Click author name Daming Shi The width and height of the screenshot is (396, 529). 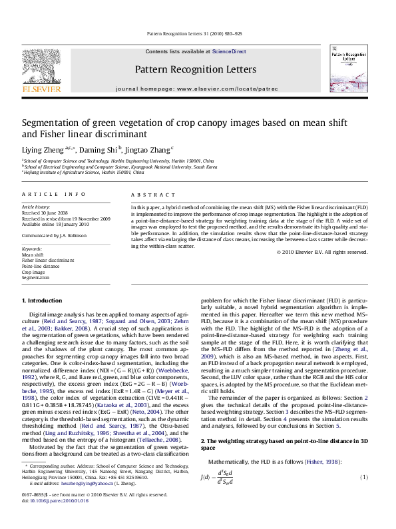click(101, 149)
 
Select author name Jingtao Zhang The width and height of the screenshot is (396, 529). click(150, 149)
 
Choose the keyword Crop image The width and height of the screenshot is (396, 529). click(34, 272)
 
